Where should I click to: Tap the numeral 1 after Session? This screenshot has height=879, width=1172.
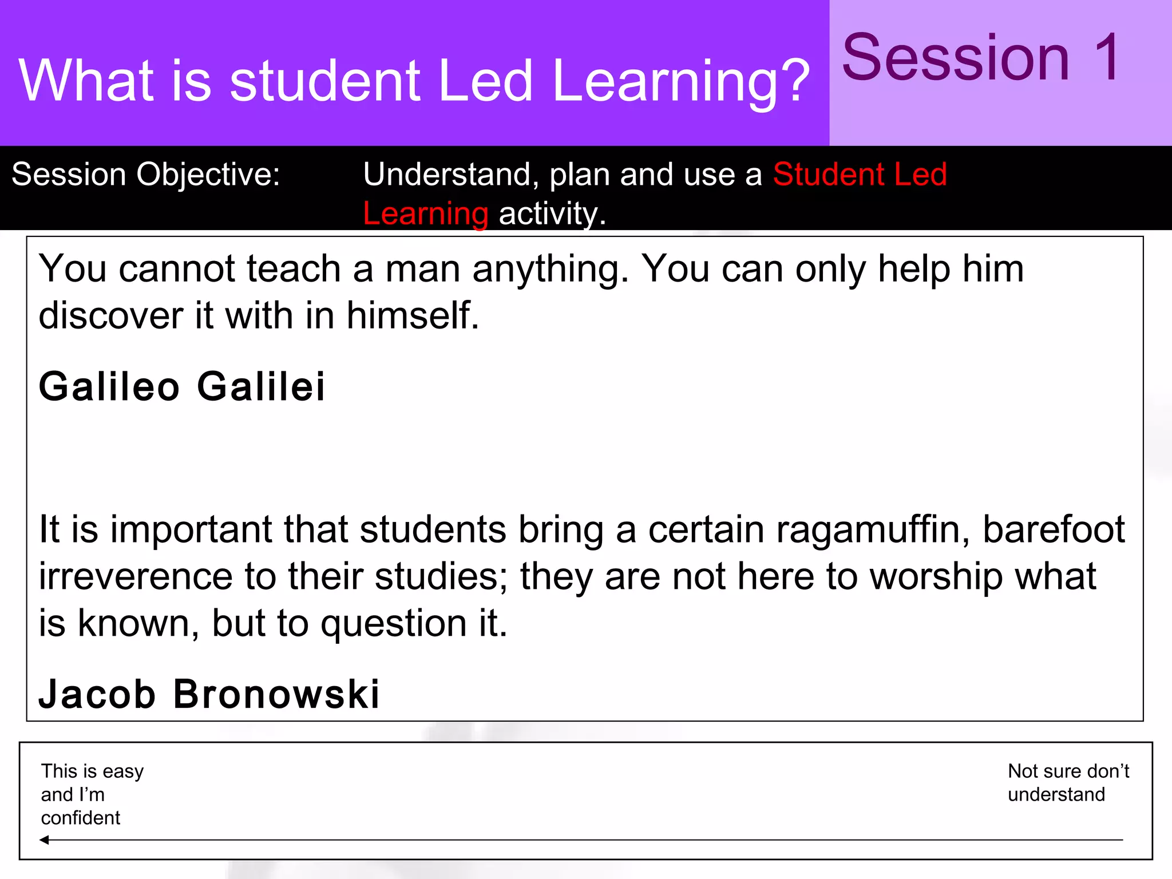coord(1107,57)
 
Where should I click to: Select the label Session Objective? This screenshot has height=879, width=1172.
coord(146,174)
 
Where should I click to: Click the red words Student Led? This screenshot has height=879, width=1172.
coord(860,174)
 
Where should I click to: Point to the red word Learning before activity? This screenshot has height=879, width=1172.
coord(425,213)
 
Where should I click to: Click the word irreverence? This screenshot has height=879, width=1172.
coord(136,576)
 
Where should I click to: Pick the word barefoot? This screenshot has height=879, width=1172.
coord(1054,529)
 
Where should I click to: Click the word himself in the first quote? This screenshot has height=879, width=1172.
coord(412,315)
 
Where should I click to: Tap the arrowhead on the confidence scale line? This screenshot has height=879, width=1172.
coord(44,840)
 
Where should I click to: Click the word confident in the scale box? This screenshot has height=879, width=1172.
coord(81,818)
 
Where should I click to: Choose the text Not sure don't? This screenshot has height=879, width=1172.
coord(1068,771)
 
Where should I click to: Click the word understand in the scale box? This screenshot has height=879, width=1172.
coord(1056,794)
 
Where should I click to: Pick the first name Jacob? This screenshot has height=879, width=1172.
coord(97,694)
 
